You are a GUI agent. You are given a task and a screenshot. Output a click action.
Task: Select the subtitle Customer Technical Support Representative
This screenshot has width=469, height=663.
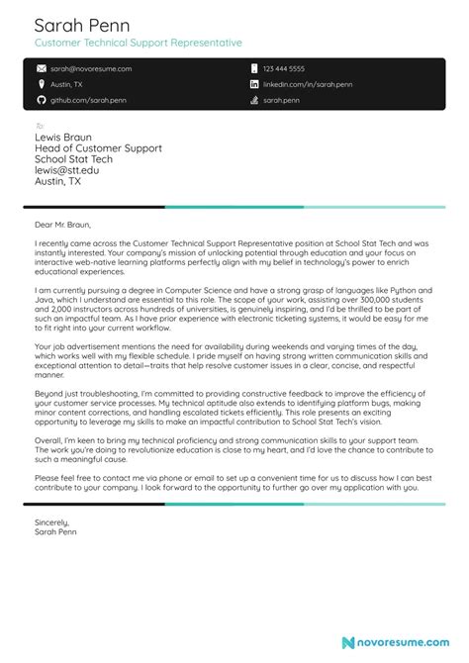138,45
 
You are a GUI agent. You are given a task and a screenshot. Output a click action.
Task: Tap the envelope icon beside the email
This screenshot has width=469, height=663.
41,69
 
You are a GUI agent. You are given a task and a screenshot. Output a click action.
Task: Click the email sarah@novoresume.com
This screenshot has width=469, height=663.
91,69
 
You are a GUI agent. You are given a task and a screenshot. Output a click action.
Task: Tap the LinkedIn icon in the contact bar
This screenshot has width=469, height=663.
254,85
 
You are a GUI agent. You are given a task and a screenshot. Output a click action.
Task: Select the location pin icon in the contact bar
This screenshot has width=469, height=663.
41,85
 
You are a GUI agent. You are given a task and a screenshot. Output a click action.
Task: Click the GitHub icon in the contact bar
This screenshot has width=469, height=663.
41,101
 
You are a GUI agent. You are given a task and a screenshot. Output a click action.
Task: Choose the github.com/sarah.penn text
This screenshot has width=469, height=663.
88,101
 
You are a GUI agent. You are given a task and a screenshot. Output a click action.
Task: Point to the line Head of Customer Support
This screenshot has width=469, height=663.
98,147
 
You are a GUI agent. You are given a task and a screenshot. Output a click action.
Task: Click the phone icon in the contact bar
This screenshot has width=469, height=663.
254,69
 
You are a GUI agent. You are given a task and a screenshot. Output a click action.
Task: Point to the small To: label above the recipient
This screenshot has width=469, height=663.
40,126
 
